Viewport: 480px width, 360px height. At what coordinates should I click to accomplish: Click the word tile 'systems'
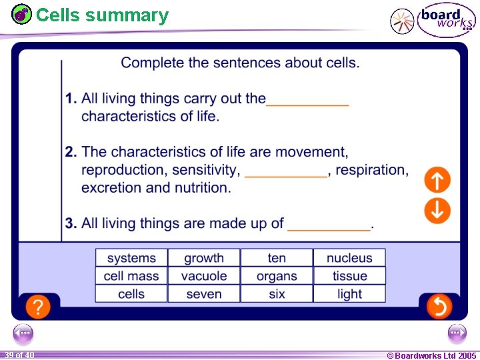[x=131, y=258]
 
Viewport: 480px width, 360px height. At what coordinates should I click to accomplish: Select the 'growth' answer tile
[x=204, y=258]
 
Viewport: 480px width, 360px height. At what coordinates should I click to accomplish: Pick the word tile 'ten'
[x=277, y=258]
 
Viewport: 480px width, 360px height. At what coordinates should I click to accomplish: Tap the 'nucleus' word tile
[x=349, y=258]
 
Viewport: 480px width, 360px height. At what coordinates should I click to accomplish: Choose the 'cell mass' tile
[x=131, y=276]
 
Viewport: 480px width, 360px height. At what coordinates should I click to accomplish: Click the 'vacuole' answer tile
[x=204, y=276]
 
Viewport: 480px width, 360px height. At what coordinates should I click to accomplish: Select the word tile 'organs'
[x=277, y=276]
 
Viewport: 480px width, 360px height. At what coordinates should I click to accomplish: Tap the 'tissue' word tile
[x=349, y=276]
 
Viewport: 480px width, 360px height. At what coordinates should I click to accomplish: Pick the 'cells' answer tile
[x=131, y=294]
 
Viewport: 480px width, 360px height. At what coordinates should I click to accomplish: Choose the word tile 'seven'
[x=204, y=294]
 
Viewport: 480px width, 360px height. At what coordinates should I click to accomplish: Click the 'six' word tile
[x=277, y=294]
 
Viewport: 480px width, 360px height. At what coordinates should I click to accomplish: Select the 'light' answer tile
[x=349, y=294]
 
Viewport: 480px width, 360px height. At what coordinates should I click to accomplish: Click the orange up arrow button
[x=437, y=180]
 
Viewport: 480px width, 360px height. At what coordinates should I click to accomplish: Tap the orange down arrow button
[x=437, y=210]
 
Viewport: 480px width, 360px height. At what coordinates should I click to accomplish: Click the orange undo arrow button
[x=439, y=307]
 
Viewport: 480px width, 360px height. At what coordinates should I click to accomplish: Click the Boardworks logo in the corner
[x=445, y=20]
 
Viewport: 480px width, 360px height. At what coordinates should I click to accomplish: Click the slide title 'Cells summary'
[x=102, y=15]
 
